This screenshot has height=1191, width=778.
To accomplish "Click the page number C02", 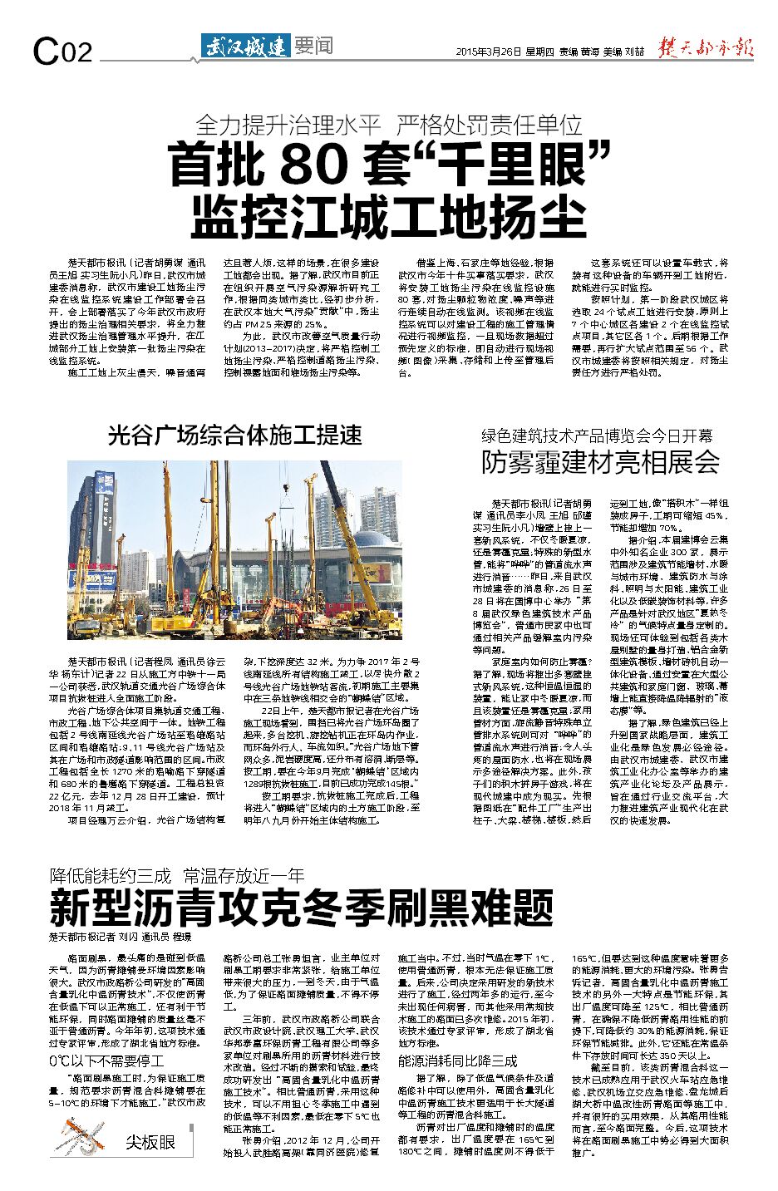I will tap(62, 52).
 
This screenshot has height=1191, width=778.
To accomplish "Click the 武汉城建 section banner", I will tap(245, 46).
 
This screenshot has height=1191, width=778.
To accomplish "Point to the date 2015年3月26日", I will tap(489, 52).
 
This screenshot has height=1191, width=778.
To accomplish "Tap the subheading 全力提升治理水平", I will tap(288, 125).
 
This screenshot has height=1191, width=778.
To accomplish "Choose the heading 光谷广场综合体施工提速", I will tap(235, 435).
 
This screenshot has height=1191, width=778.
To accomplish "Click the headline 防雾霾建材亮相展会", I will tap(601, 462).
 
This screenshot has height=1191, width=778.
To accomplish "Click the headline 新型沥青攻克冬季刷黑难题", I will tap(302, 907).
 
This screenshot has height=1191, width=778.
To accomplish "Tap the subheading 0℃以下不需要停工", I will tap(106, 1061).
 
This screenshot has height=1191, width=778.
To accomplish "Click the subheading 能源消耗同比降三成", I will tap(457, 1061).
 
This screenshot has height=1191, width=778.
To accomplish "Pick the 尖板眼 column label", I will tap(150, 1142).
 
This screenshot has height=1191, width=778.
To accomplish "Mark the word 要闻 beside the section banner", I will tap(313, 46).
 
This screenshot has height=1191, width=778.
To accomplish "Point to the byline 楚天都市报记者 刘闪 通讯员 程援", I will tap(120, 936).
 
